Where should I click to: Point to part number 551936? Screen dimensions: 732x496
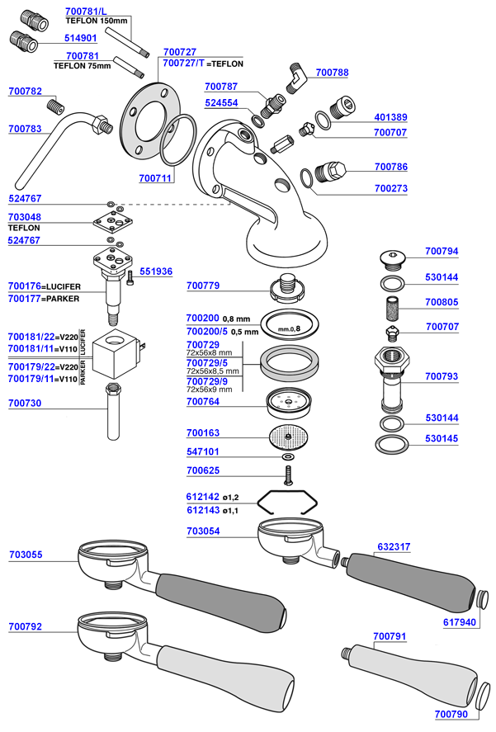point(156,271)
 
